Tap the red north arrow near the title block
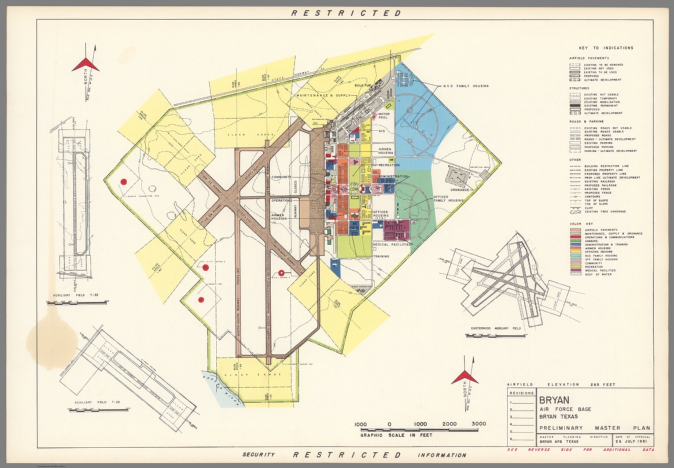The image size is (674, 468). (465, 377)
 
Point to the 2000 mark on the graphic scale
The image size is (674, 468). (449, 424)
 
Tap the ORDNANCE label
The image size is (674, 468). (459, 190)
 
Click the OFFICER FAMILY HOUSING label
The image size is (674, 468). (448, 199)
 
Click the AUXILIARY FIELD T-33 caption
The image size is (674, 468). (75, 295)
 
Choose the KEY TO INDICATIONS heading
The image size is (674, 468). (606, 48)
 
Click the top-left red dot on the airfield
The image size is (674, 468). (124, 182)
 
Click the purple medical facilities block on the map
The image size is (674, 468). (396, 228)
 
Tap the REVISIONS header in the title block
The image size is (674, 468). (522, 393)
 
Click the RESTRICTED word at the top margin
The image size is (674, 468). (346, 13)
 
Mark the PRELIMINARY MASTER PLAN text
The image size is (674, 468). (595, 428)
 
